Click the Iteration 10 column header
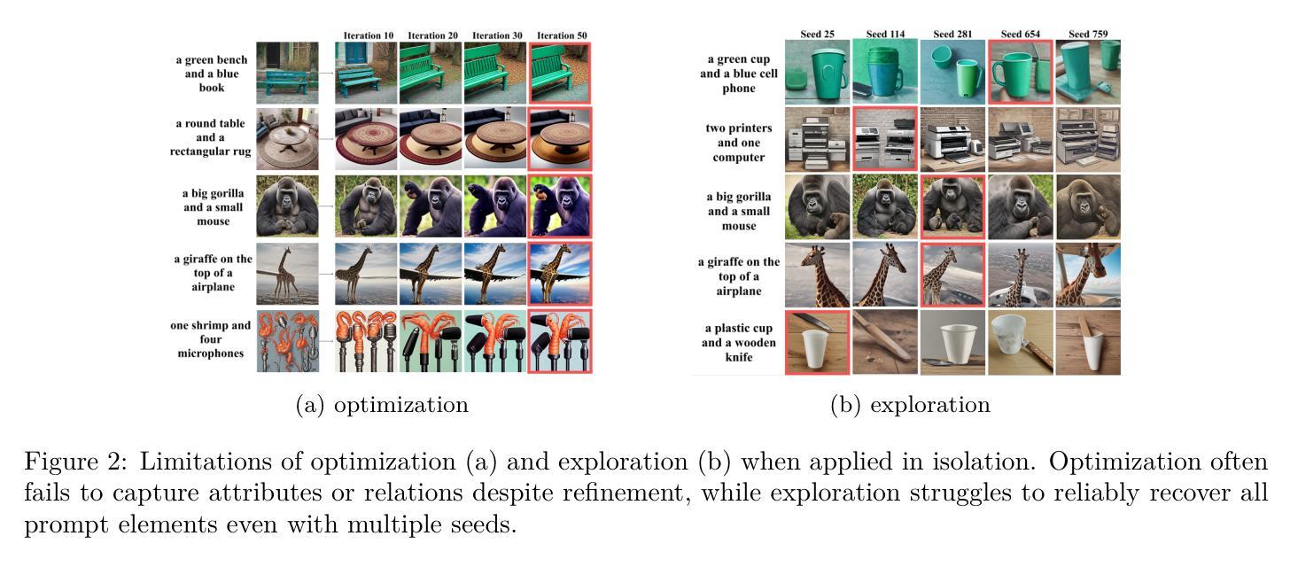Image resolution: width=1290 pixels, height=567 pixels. click(369, 35)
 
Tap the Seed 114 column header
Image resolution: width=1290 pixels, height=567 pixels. click(885, 35)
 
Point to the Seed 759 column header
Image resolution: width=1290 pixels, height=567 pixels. click(1088, 35)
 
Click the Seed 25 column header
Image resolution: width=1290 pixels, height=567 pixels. click(817, 35)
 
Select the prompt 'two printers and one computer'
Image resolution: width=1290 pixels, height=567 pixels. click(739, 143)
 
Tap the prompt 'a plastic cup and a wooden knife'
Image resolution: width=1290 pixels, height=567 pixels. click(739, 343)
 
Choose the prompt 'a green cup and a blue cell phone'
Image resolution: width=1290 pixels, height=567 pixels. click(739, 74)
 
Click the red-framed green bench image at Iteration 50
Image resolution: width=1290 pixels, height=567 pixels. click(560, 73)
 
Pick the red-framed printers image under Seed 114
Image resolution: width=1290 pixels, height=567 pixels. click(885, 139)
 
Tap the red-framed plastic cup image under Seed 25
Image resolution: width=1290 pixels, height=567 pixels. click(817, 342)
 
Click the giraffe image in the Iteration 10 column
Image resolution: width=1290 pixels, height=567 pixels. click(366, 275)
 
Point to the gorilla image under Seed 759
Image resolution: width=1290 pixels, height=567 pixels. click(1088, 206)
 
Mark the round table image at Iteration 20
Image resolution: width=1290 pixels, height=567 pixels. click(431, 140)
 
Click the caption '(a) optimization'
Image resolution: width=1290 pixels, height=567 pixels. click(382, 406)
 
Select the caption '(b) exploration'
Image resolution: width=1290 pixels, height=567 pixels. click(910, 406)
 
